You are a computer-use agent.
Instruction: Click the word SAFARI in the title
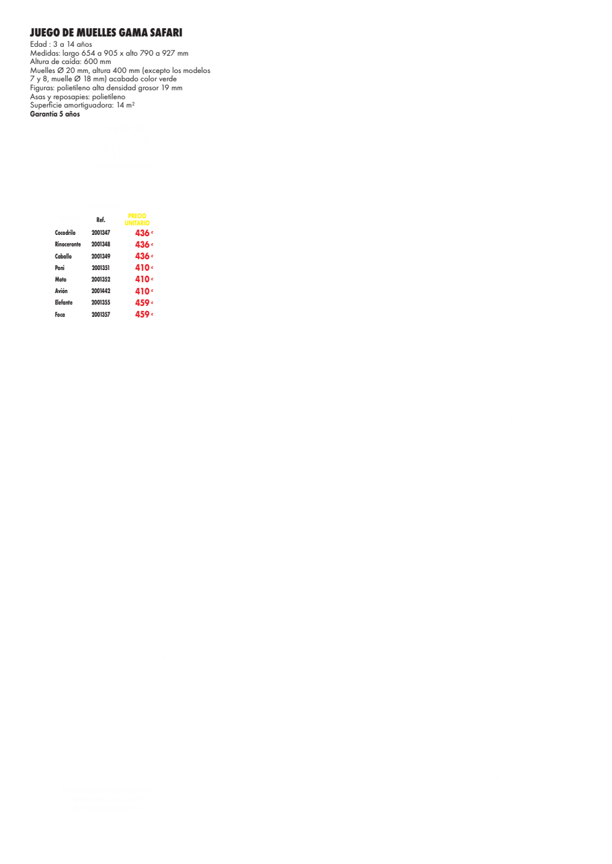[x=166, y=33]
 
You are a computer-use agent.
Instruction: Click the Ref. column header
[x=100, y=220]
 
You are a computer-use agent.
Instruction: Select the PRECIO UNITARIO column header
[x=137, y=220]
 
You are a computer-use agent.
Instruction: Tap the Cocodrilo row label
[x=65, y=233]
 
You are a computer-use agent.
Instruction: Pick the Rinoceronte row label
[x=68, y=244]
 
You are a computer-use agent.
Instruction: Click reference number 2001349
[x=100, y=257]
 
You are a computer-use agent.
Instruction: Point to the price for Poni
[x=144, y=268]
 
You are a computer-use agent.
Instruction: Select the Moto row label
[x=61, y=280]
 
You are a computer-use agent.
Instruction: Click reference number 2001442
[x=100, y=291]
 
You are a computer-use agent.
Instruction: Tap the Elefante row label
[x=63, y=303]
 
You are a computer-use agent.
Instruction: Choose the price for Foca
[x=144, y=314]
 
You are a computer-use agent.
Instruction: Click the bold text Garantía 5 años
[x=55, y=114]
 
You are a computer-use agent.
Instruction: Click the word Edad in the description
[x=38, y=44]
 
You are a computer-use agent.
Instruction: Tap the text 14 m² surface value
[x=125, y=106]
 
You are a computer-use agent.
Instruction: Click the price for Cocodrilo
[x=144, y=233]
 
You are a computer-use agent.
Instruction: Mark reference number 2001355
[x=100, y=303]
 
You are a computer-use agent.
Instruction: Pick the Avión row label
[x=61, y=291]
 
